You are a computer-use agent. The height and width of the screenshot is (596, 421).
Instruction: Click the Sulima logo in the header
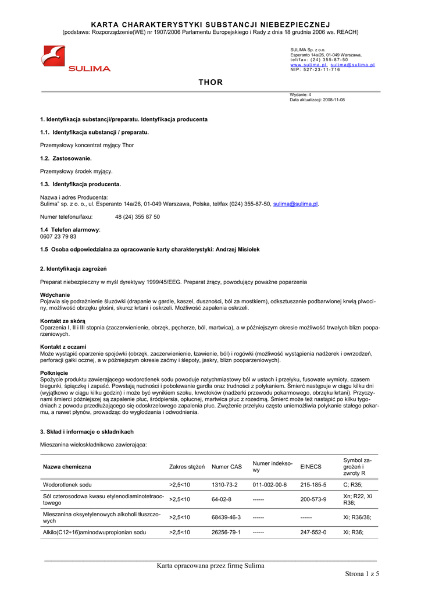click(x=76, y=59)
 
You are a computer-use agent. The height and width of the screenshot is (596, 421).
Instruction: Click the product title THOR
click(x=211, y=82)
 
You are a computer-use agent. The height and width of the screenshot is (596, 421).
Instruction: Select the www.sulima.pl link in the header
click(x=308, y=65)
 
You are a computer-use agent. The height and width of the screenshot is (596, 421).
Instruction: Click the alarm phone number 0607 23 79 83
click(x=58, y=236)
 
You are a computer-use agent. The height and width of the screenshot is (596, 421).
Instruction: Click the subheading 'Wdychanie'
click(x=55, y=295)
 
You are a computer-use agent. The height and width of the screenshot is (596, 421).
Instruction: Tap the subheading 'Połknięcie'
click(x=55, y=372)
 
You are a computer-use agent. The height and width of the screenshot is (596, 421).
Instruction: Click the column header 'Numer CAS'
click(x=226, y=466)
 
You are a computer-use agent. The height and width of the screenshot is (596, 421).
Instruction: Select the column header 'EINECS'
click(x=310, y=466)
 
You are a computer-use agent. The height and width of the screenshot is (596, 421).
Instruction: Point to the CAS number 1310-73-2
click(x=224, y=484)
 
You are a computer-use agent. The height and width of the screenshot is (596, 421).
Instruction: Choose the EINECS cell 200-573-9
click(x=313, y=499)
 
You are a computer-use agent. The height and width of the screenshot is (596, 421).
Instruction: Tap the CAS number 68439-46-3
click(x=226, y=517)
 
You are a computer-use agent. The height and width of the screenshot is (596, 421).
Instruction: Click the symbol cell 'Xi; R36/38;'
click(x=357, y=517)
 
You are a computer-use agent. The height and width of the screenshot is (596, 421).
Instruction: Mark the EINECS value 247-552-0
click(x=313, y=532)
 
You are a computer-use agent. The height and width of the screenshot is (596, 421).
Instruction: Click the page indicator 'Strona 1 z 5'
click(x=361, y=574)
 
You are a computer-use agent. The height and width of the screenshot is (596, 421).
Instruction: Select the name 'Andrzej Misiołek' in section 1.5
click(x=238, y=249)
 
